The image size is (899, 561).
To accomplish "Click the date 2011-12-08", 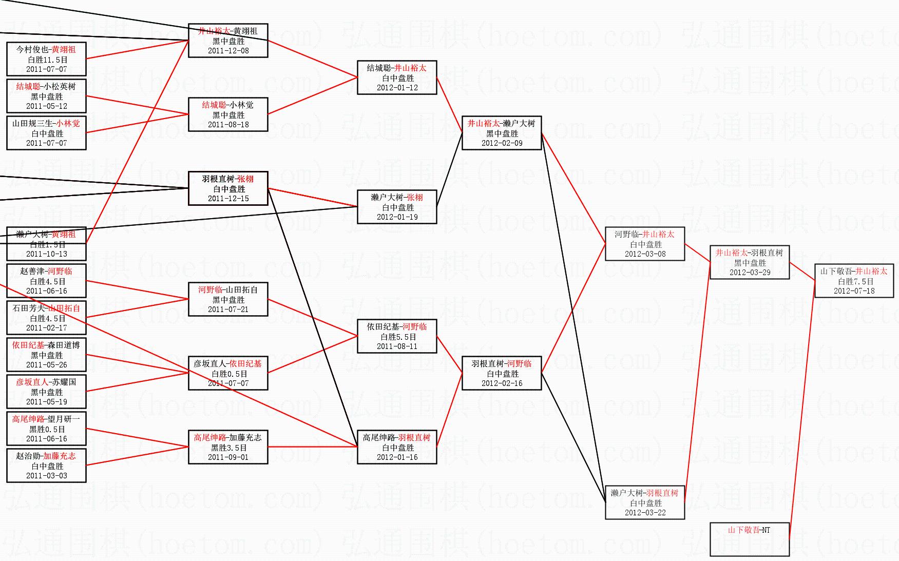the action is point(228,51).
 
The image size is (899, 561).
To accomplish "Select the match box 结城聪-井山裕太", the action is point(397,78).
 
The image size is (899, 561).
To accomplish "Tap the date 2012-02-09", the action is point(502,143).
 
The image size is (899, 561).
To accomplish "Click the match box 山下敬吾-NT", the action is point(749,539).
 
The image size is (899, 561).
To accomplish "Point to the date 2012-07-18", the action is point(854,291).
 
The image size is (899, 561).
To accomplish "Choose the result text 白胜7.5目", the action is point(854,281).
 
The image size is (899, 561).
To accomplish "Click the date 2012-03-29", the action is point(750,273).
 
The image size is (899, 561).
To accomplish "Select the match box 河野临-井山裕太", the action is point(645,244).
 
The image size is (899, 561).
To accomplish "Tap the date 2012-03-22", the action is point(645,513).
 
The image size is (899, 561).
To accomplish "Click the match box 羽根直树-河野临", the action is point(502,373).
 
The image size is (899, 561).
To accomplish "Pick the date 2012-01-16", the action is point(397,457).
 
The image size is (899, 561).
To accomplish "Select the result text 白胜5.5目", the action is point(397,337).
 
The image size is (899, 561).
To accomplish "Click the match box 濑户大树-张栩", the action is point(397,207).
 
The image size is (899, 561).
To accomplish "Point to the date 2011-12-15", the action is point(228,199).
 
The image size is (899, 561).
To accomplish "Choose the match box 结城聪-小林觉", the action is point(228,114).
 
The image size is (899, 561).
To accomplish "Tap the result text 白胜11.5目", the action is point(47,60).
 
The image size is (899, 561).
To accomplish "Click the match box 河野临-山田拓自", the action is point(228,299).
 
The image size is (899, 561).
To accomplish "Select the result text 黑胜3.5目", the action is point(228,448).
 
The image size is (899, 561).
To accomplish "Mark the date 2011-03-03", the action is point(47,476).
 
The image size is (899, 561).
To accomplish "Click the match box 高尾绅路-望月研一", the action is point(47,429).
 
